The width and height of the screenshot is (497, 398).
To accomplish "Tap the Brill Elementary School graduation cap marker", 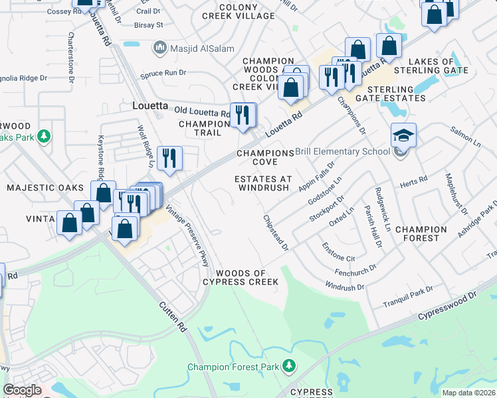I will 403,135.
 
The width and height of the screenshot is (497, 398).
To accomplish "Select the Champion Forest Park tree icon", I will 288,365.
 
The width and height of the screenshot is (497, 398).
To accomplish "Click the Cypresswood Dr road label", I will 448,307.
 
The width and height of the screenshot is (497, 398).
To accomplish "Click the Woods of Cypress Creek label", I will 241,278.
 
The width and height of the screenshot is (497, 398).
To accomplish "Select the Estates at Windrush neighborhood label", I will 263,183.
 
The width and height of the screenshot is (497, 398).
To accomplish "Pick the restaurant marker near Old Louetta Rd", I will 243,115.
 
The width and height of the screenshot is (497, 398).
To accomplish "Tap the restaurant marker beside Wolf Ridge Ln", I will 170,158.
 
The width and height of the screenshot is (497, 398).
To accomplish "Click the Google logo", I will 22,390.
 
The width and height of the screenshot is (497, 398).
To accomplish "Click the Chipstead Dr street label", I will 276,232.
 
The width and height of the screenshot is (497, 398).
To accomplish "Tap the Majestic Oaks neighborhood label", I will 45,188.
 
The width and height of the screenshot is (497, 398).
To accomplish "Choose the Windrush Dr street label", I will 345,286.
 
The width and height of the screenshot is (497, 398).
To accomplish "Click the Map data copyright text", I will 468,393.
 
